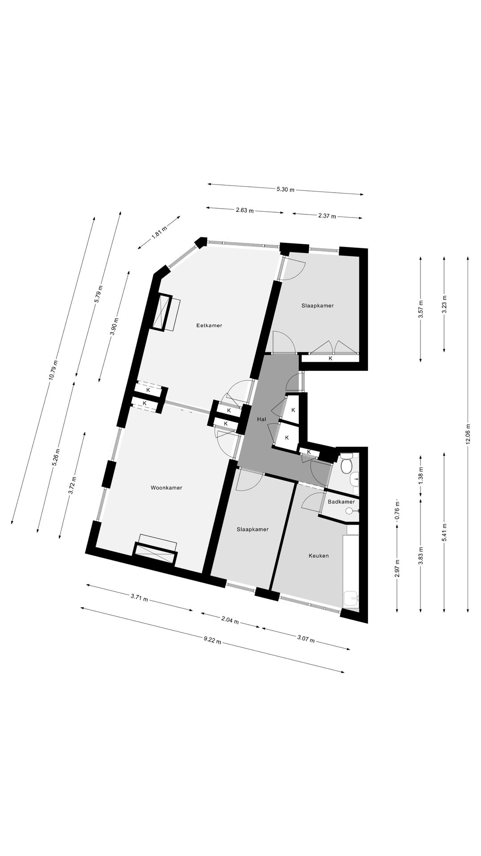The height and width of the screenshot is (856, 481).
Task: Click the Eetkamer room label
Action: [x=209, y=325]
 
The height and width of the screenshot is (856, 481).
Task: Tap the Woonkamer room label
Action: [x=166, y=488]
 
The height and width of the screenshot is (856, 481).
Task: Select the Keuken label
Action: [x=318, y=556]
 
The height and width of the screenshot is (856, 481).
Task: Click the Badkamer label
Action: [x=341, y=502]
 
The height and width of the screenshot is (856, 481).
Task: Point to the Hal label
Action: [x=261, y=420]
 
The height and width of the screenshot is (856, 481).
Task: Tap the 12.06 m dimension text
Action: [x=468, y=433]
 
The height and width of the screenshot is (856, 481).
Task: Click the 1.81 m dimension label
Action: [x=159, y=232]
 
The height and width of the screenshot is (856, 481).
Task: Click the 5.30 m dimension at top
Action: [x=285, y=189]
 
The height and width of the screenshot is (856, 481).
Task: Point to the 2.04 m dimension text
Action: [x=230, y=621]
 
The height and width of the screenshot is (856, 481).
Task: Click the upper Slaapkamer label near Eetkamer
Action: [x=317, y=306]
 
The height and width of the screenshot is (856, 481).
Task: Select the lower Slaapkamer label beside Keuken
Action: [x=253, y=529]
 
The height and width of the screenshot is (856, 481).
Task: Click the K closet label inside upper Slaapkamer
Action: [x=330, y=358]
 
